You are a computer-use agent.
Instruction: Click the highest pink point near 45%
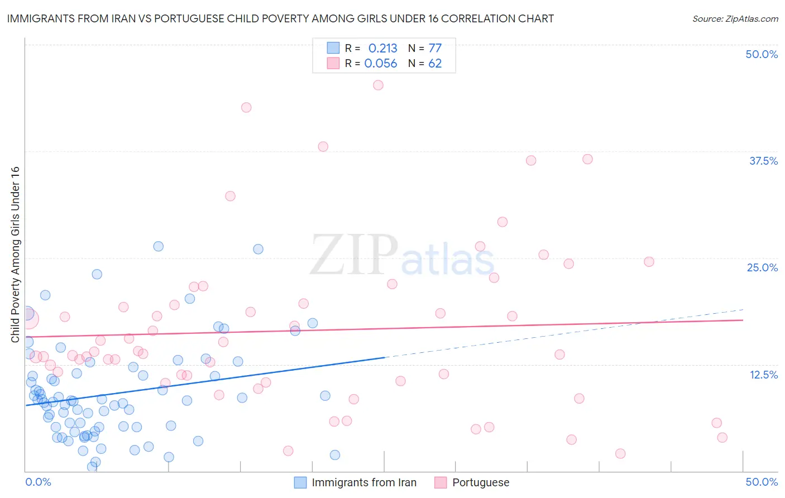pyautogui.click(x=378, y=85)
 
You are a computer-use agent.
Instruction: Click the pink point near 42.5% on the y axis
pyautogui.click(x=246, y=107)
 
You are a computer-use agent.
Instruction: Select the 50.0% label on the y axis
pyautogui.click(x=762, y=54)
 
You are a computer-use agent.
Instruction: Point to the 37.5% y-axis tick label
pyautogui.click(x=763, y=161)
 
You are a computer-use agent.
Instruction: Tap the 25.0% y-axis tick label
pyautogui.click(x=762, y=267)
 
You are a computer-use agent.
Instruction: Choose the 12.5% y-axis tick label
pyautogui.click(x=763, y=375)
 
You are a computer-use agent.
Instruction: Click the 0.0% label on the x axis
pyautogui.click(x=38, y=482)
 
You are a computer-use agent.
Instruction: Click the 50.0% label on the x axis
pyautogui.click(x=762, y=482)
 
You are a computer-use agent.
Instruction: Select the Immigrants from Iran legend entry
pyautogui.click(x=356, y=482)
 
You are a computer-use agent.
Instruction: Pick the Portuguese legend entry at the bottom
pyautogui.click(x=472, y=482)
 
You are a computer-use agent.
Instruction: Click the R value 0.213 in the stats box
pyautogui.click(x=382, y=49)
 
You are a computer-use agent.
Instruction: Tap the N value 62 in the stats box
pyautogui.click(x=435, y=64)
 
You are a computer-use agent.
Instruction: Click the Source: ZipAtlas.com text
pyautogui.click(x=735, y=19)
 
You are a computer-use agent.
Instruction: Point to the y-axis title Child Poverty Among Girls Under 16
pyautogui.click(x=16, y=255)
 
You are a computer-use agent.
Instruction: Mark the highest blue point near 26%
pyautogui.click(x=159, y=246)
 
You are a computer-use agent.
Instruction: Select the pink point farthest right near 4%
pyautogui.click(x=722, y=437)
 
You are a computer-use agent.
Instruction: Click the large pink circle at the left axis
pyautogui.click(x=27, y=319)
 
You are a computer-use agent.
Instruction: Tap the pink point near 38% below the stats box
pyautogui.click(x=323, y=147)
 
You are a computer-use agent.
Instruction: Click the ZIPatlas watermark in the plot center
pyautogui.click(x=402, y=256)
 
